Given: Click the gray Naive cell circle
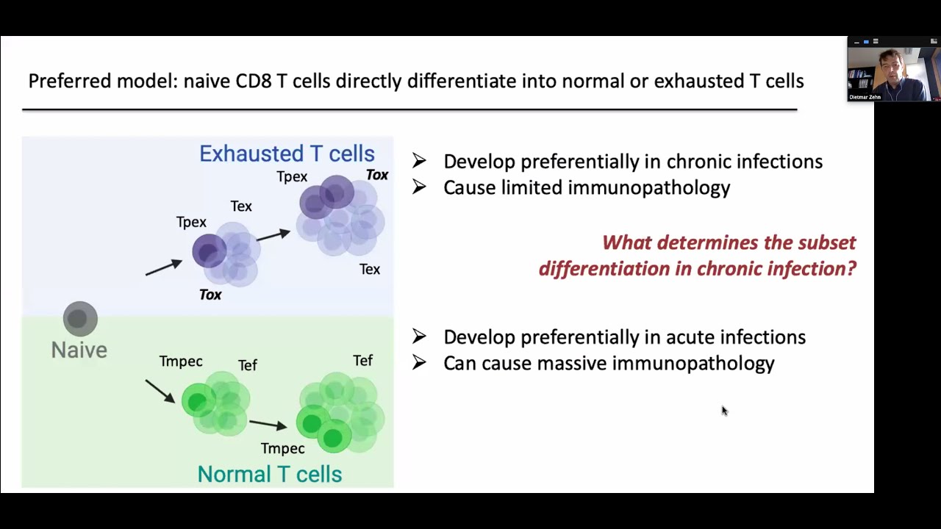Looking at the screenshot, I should click(80, 319).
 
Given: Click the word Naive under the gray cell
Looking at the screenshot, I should click(79, 350).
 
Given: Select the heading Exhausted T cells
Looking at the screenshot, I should click(287, 154).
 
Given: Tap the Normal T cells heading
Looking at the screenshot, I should click(270, 474).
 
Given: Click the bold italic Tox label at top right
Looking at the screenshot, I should click(377, 175).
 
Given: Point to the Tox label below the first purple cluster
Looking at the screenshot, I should click(210, 295).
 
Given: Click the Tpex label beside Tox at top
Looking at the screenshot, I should click(292, 177).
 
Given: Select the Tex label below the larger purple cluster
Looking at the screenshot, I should click(370, 270).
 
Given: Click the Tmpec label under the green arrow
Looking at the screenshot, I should click(282, 448).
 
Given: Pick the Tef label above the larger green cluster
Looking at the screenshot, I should click(362, 361).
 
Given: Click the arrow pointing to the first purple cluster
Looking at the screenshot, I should click(163, 267).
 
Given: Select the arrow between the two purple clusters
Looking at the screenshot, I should click(273, 236).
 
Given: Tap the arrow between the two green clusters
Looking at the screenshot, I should click(268, 424).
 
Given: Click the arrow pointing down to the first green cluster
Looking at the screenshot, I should click(160, 391).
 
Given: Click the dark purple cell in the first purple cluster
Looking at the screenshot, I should click(210, 251).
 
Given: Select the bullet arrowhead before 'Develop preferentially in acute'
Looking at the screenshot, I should click(419, 337).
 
